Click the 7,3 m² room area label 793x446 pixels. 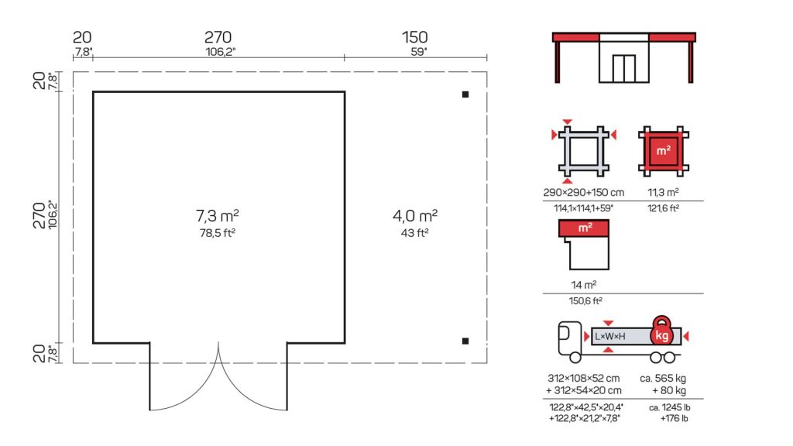[x=218, y=216]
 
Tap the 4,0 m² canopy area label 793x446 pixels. [x=415, y=216]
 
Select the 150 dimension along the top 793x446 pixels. [x=415, y=37]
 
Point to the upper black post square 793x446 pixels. [x=465, y=94]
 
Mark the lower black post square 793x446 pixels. [x=465, y=341]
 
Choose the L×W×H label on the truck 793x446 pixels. [x=610, y=336]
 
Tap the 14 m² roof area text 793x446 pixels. [x=584, y=285]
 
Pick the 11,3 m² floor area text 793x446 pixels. [x=663, y=192]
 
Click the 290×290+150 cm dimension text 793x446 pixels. [x=584, y=192]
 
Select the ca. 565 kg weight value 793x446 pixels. [x=663, y=378]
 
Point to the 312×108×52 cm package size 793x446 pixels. [x=584, y=378]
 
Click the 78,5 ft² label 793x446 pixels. [x=218, y=233]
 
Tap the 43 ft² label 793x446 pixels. [x=415, y=233]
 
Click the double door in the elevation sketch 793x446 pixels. [x=623, y=68]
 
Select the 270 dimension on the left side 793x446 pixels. [x=39, y=215]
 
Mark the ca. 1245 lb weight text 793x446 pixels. [x=670, y=407]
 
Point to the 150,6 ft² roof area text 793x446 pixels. [x=585, y=301]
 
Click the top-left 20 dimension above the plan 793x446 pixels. [x=82, y=37]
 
